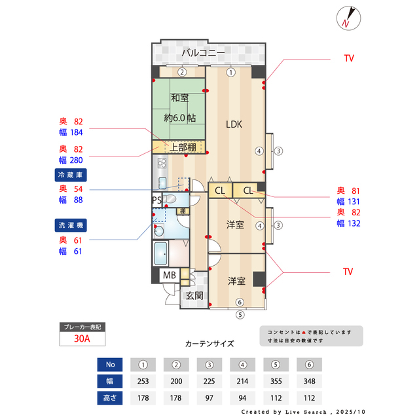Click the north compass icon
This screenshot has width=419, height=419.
pos(347,18)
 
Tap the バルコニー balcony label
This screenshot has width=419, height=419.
pos(203,52)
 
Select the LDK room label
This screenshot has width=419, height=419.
pos(234,124)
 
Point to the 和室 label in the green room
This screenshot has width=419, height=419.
pos(180,98)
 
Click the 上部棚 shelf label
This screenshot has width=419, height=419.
pos(183,147)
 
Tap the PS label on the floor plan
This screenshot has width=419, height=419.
pos(156,200)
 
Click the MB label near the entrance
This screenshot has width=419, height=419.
pos(169,276)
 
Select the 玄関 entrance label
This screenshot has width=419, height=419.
pos(194,295)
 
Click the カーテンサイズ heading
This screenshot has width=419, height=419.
pos(209,343)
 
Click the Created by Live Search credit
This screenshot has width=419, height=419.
pos(301,412)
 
